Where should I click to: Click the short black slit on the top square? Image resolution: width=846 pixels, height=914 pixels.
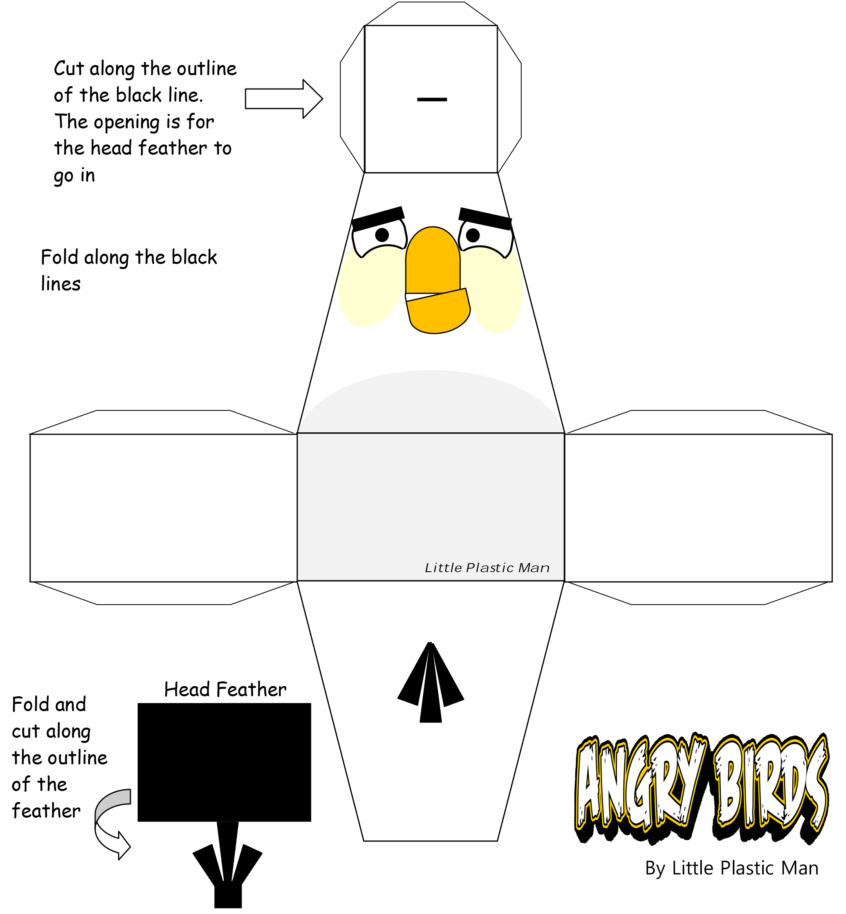pyautogui.click(x=432, y=99)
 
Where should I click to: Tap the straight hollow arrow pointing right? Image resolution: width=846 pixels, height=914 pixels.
pyautogui.click(x=284, y=99)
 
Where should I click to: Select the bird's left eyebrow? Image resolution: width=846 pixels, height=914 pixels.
pyautogui.click(x=378, y=218)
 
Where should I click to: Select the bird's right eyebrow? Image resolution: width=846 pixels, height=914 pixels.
pyautogui.click(x=485, y=218)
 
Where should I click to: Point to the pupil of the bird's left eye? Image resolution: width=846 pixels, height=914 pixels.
pyautogui.click(x=382, y=235)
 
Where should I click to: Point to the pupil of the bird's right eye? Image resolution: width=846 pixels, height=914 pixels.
pyautogui.click(x=472, y=235)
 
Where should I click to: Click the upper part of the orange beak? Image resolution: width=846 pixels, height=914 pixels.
pyautogui.click(x=433, y=260)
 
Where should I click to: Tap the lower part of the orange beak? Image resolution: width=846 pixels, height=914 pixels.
pyautogui.click(x=438, y=311)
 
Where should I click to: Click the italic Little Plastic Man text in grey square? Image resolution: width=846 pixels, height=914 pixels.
pyautogui.click(x=487, y=568)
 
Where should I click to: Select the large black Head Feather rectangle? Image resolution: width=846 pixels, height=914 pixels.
pyautogui.click(x=224, y=762)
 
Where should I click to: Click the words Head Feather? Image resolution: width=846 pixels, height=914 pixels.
pyautogui.click(x=225, y=689)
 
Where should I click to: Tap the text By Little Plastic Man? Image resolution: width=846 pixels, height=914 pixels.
pyautogui.click(x=732, y=868)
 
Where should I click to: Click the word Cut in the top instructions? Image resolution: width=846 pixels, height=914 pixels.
pyautogui.click(x=69, y=69)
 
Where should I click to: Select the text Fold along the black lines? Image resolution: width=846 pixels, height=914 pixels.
pyautogui.click(x=128, y=271)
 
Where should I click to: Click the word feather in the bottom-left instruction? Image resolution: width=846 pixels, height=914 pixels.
pyautogui.click(x=46, y=811)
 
